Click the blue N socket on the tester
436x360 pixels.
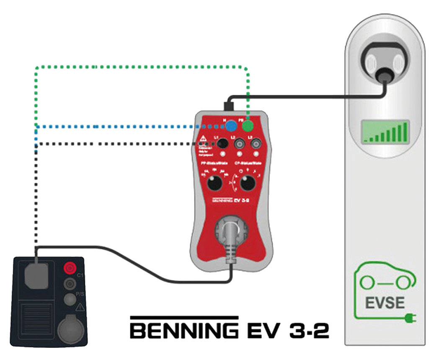tap(230, 126)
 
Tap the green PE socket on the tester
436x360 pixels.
tap(248, 126)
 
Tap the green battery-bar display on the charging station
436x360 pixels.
tap(385, 131)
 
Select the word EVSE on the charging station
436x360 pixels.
tap(385, 303)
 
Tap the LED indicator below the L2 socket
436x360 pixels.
tap(240, 155)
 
